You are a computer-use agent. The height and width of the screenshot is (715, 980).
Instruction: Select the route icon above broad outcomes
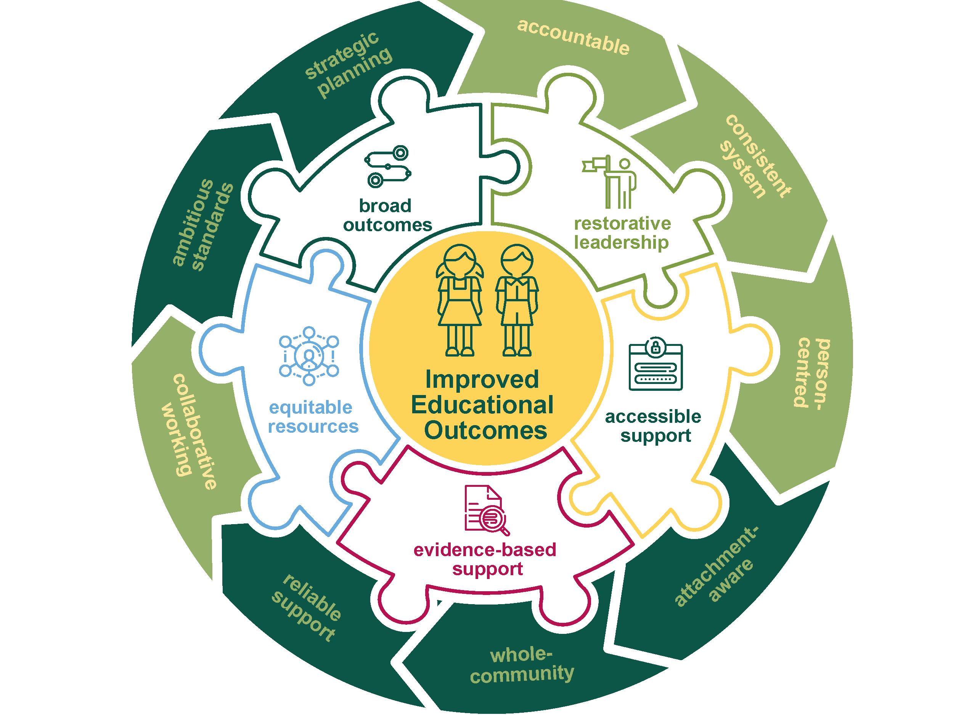point(388,166)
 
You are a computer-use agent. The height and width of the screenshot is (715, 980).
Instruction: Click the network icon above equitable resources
point(309,356)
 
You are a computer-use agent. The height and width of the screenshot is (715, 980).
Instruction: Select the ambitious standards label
point(203,225)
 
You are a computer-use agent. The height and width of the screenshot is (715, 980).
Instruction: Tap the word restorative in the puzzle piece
point(622,224)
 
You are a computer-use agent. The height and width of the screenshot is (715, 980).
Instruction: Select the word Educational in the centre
point(482,405)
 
